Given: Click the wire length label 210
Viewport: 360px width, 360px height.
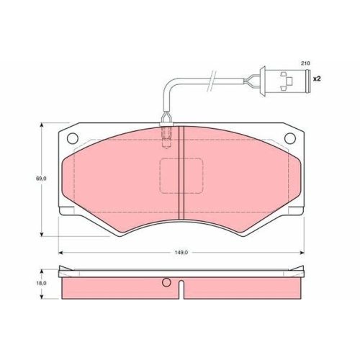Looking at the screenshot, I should [305, 63].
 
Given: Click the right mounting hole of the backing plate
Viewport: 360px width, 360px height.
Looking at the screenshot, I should [291, 138].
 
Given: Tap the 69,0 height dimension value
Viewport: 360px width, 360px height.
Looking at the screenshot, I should [42, 178].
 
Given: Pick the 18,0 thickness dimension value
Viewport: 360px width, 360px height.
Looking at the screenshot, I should [42, 283].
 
